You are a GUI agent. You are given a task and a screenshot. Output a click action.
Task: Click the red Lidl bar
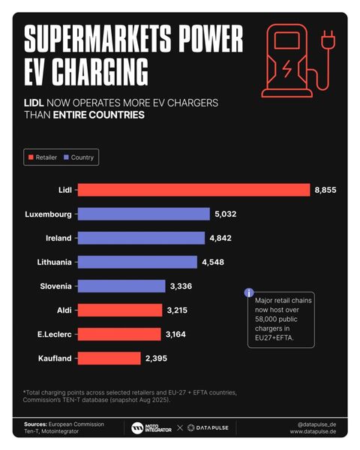click(193, 190)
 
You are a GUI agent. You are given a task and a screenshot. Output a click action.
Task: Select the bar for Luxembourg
click(143, 214)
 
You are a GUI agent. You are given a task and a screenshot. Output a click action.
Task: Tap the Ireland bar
click(141, 238)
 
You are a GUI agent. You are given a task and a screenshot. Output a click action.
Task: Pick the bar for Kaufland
click(109, 358)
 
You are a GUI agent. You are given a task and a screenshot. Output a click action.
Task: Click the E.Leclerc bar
click(119, 334)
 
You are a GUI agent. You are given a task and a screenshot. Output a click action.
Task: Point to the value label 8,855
click(325, 190)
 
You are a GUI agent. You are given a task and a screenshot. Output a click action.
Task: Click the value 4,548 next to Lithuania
click(212, 262)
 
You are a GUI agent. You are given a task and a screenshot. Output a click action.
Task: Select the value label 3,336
click(182, 286)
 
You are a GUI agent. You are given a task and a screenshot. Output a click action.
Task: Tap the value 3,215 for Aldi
click(178, 310)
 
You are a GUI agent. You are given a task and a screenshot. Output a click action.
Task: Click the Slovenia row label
click(55, 286)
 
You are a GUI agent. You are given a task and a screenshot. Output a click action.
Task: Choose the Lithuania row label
click(54, 262)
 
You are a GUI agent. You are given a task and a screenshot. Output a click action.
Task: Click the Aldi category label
click(64, 310)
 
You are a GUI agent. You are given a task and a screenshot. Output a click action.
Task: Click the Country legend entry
click(78, 157)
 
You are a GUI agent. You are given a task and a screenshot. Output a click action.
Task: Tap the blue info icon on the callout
click(249, 292)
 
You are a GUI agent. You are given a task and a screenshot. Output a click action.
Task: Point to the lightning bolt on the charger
click(287, 69)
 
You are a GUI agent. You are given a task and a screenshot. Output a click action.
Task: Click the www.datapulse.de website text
click(314, 432)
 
